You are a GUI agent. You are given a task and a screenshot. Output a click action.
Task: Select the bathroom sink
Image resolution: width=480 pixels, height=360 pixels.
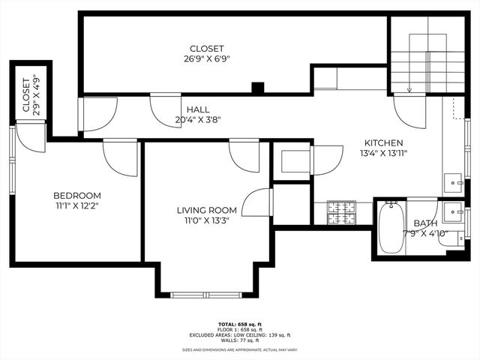click(452, 212)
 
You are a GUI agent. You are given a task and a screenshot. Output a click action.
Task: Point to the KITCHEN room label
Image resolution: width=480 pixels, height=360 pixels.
click(384, 143)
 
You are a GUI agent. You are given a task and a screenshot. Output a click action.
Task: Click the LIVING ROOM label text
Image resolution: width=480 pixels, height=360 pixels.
click(207, 210)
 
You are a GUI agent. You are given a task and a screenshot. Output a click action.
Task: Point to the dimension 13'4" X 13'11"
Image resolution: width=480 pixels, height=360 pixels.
click(384, 153)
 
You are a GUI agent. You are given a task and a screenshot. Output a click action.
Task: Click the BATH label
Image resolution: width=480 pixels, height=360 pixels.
click(425, 223)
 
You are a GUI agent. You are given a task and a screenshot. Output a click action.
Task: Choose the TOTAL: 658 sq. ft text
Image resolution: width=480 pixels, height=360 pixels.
click(239, 325)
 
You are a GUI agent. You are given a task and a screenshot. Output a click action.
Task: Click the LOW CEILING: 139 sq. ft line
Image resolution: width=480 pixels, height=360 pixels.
click(239, 334)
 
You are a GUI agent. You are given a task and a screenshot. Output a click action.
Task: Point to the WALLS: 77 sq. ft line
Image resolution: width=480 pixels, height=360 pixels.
click(239, 340)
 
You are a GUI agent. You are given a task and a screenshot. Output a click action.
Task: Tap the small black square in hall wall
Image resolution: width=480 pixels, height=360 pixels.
click(258, 88)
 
